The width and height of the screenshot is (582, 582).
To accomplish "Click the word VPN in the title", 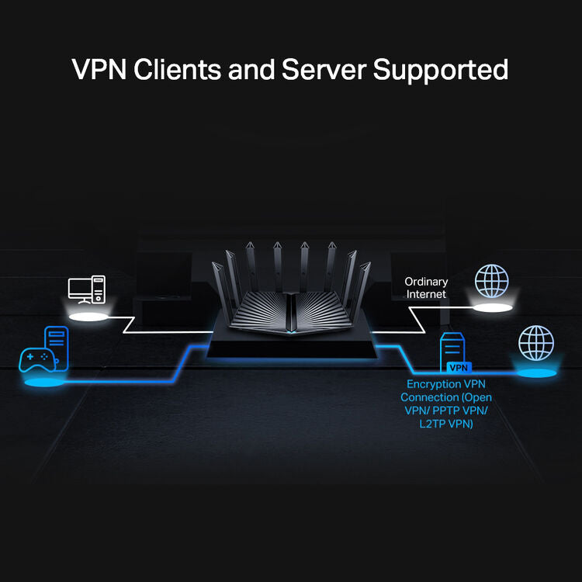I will [100, 69].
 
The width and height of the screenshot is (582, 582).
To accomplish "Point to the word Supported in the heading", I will [441, 70].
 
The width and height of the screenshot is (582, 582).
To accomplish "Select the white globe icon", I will [491, 281].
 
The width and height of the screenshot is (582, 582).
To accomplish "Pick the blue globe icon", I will [536, 342].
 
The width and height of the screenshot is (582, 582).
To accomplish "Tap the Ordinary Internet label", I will [425, 288].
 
